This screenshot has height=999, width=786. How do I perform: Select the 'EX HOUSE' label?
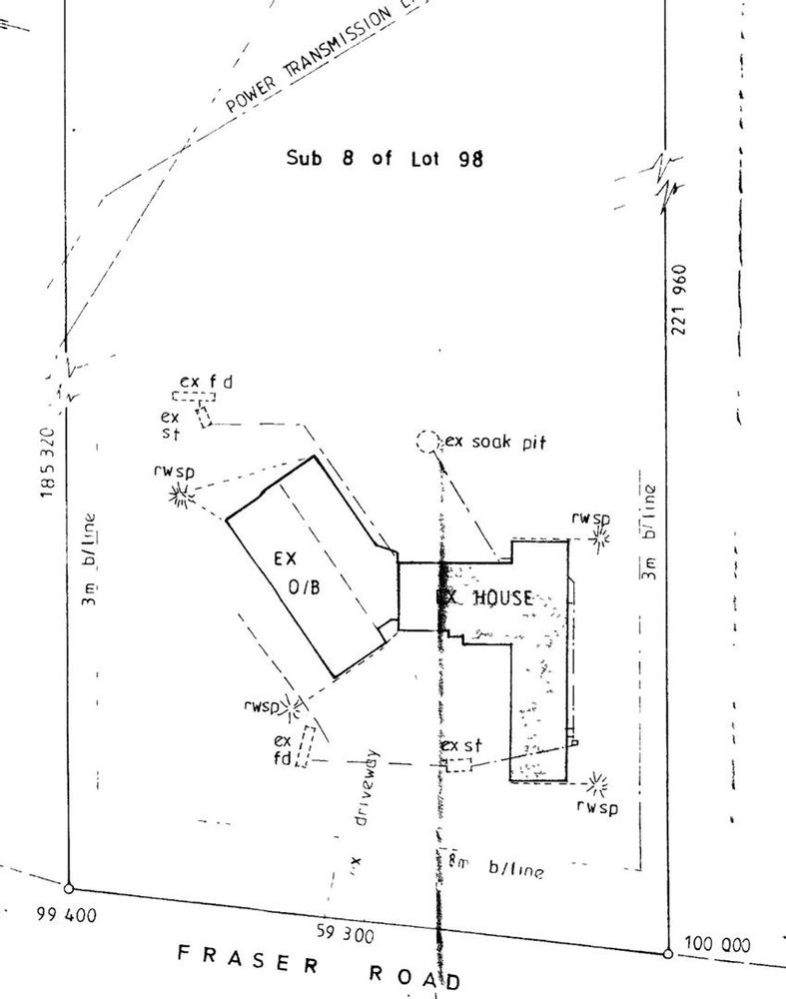(486, 597)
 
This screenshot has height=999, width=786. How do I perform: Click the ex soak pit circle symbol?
(426, 441)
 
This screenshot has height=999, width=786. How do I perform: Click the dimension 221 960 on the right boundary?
(681, 299)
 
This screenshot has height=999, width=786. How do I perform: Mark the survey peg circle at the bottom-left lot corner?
(68, 888)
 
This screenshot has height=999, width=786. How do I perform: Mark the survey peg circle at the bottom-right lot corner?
(667, 952)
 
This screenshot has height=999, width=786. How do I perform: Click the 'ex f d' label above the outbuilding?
(206, 382)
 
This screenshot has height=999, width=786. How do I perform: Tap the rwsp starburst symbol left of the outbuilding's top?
(181, 494)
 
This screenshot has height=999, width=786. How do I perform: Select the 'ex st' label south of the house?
(461, 745)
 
